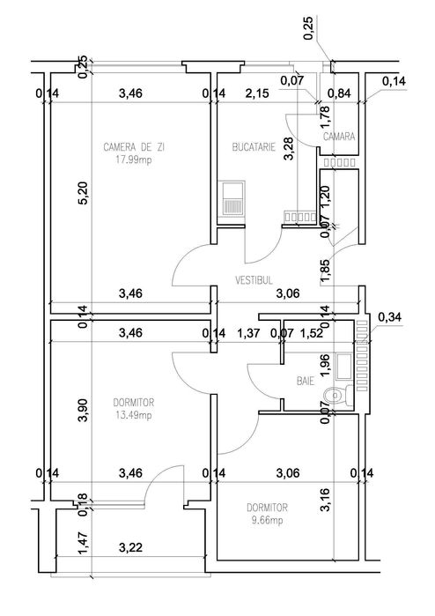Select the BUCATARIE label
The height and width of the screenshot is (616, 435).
pyautogui.click(x=252, y=147)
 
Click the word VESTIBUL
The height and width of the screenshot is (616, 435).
pyautogui.click(x=253, y=280)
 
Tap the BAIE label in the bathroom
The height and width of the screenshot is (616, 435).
pyautogui.click(x=306, y=382)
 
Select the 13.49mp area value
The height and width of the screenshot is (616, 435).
pyautogui.click(x=134, y=415)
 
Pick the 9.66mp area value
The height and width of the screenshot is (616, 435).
pyautogui.click(x=268, y=521)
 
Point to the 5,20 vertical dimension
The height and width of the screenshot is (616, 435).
pyautogui.click(x=84, y=195)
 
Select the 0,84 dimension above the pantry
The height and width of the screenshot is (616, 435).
pyautogui.click(x=339, y=92)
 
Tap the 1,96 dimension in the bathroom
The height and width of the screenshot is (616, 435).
pyautogui.click(x=323, y=363)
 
